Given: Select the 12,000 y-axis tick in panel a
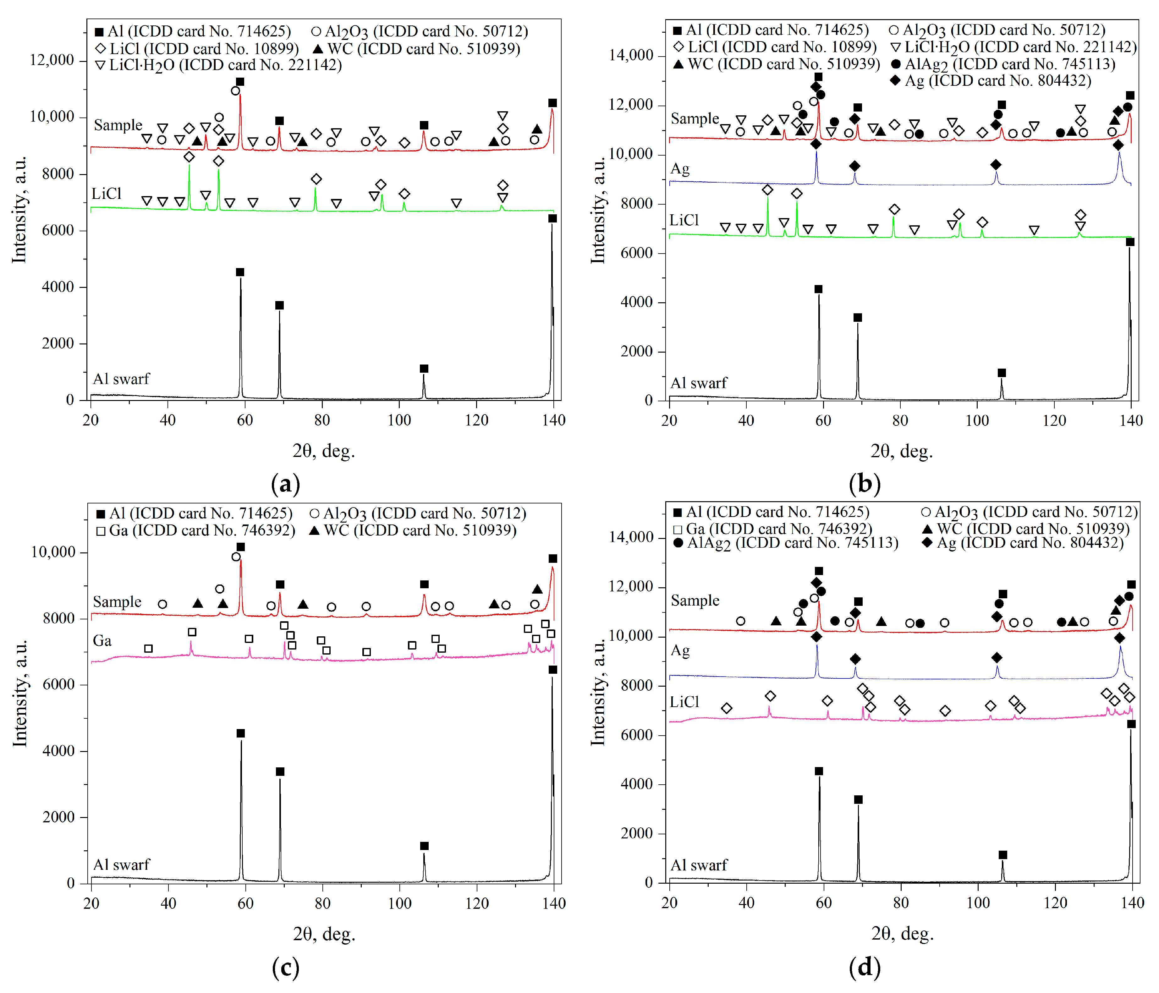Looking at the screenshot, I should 52,60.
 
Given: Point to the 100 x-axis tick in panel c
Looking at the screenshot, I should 399,903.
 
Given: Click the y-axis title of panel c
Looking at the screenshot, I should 20,693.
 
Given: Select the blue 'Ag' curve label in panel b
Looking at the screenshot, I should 680,169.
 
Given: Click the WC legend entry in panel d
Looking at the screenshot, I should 1025,529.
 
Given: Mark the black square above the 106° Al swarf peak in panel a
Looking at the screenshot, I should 424,369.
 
